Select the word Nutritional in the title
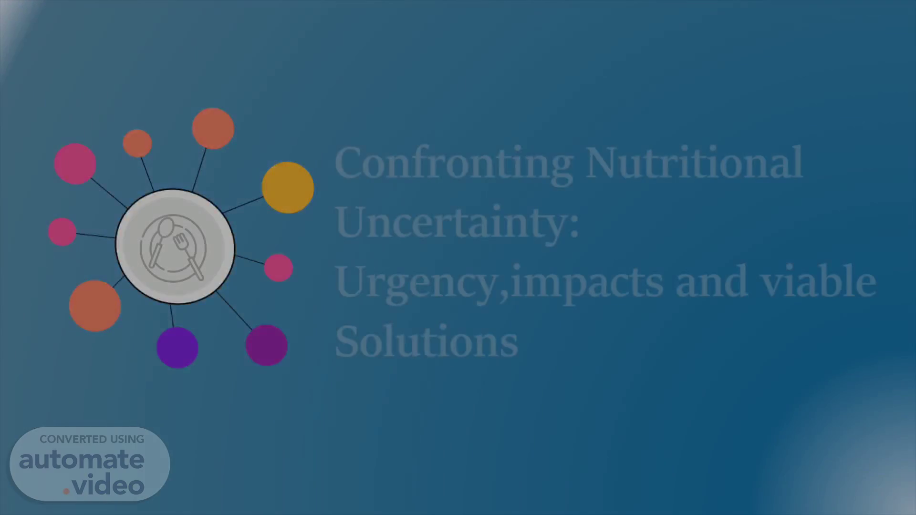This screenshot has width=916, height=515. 695,162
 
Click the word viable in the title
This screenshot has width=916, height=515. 818,280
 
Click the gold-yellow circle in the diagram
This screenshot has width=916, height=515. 288,187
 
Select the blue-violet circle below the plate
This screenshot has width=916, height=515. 177,347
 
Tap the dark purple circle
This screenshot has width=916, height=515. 267,345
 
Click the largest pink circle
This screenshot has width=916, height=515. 75,164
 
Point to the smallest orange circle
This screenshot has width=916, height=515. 137,143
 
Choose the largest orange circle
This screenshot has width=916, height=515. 95,306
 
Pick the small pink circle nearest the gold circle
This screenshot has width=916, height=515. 279,268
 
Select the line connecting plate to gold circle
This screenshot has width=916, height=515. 243,205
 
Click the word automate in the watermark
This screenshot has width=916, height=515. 82,460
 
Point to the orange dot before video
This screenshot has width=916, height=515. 66,491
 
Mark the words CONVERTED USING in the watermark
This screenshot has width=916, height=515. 92,439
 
